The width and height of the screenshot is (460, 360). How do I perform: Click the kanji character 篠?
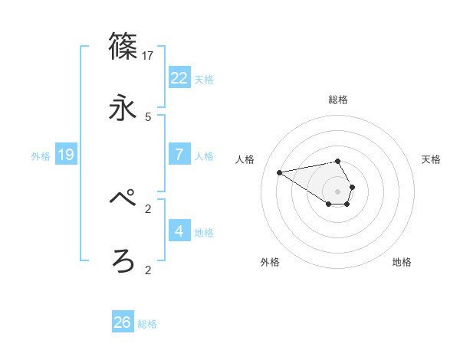coord(123,45)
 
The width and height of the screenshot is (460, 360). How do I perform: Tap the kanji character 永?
coord(123,108)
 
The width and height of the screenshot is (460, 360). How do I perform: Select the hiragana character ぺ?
coord(123,198)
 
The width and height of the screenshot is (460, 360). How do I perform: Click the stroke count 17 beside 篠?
coord(148,55)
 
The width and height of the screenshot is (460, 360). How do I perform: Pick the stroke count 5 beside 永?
coord(148,117)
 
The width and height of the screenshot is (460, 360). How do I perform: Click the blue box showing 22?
coord(179,78)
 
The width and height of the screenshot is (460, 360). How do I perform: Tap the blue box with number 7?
coord(179,155)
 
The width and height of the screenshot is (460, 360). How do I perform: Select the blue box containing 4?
coord(179,231)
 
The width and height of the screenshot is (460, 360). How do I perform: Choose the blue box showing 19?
coord(66,155)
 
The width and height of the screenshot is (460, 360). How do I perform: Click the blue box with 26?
coord(123,322)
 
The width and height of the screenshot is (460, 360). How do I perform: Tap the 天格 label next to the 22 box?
coord(204,79)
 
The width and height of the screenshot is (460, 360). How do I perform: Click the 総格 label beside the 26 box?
coord(147,324)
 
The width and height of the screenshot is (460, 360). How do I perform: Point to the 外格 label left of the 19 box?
coord(41,155)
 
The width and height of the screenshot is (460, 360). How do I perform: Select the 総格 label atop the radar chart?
coord(338,100)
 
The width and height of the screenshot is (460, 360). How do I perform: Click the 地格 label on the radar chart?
coord(402,262)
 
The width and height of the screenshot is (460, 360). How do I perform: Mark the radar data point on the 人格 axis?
coord(279,172)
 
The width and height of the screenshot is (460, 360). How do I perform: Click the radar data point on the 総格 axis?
coord(338,161)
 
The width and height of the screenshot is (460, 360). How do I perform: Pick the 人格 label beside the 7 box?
coord(204,155)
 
